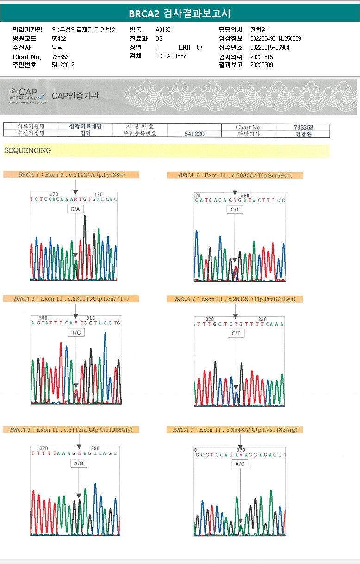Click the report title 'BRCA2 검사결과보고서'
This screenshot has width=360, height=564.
180,13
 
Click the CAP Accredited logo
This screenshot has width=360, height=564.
28,95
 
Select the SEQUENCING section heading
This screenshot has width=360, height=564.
28,150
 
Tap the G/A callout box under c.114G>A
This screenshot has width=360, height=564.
75,210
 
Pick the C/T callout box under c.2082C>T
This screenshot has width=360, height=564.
235,210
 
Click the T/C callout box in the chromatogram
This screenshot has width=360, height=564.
76,333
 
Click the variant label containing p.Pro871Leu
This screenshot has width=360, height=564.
235,299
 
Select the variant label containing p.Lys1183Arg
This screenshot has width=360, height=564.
235,430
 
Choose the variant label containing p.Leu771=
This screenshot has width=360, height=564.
71,299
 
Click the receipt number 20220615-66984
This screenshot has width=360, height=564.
269,47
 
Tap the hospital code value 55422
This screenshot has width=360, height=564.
59,38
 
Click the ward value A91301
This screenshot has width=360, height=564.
164,30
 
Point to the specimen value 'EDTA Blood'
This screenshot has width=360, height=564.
171,56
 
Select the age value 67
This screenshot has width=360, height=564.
199,47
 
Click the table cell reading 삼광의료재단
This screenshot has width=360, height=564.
85,127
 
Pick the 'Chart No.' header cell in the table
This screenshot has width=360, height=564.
249,127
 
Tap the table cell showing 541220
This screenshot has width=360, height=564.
194,134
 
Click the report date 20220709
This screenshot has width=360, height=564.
261,65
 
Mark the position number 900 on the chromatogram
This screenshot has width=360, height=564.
43,318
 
